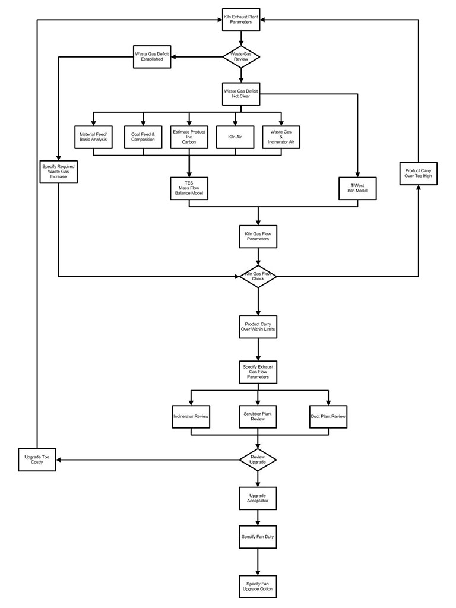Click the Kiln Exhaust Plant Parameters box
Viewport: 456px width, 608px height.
coord(240,19)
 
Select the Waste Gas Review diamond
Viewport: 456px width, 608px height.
coord(240,57)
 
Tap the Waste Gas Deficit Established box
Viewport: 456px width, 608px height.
coord(152,57)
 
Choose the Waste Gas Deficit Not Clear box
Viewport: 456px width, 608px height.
coord(240,93)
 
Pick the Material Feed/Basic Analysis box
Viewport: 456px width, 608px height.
coord(94,137)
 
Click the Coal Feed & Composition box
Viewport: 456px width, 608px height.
coord(142,137)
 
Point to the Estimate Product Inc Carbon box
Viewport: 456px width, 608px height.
coord(189,137)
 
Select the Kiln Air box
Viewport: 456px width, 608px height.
coord(235,137)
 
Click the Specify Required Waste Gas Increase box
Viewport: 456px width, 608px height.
coord(58,172)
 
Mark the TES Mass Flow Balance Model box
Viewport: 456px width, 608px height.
coord(189,188)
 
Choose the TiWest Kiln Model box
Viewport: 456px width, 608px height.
coord(358,188)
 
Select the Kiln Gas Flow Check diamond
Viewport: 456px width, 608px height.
coord(258,276)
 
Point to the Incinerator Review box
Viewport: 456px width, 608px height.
coord(191,417)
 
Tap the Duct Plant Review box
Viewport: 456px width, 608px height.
coord(328,417)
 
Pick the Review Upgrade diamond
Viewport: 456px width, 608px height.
coord(258,460)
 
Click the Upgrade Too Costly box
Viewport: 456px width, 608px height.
coord(37,460)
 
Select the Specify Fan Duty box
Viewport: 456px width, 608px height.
coord(258,537)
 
